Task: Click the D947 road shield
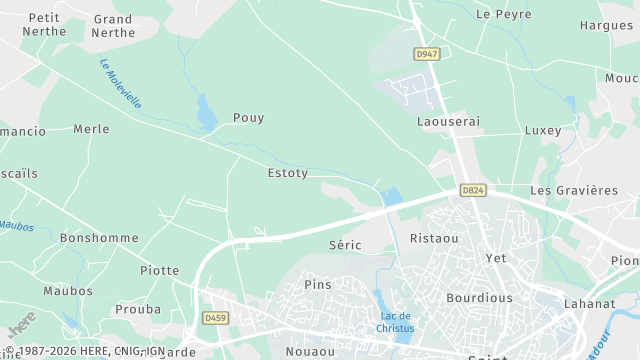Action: (x=427, y=53)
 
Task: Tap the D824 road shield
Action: (x=473, y=189)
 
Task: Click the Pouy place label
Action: (x=248, y=118)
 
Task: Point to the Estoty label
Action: (x=287, y=173)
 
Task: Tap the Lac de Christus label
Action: (x=395, y=323)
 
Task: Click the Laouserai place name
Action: (x=448, y=121)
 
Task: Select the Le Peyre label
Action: (x=497, y=14)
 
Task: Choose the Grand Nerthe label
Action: (x=113, y=25)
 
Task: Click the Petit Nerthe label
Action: (x=44, y=24)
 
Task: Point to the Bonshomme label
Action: (x=98, y=238)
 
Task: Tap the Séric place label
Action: (x=344, y=244)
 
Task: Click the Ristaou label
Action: (x=434, y=239)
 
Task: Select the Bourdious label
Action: (x=479, y=298)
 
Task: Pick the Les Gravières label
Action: (x=574, y=190)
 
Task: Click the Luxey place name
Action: (x=543, y=131)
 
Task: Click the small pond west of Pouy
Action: (x=206, y=111)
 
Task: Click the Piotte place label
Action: (x=160, y=271)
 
